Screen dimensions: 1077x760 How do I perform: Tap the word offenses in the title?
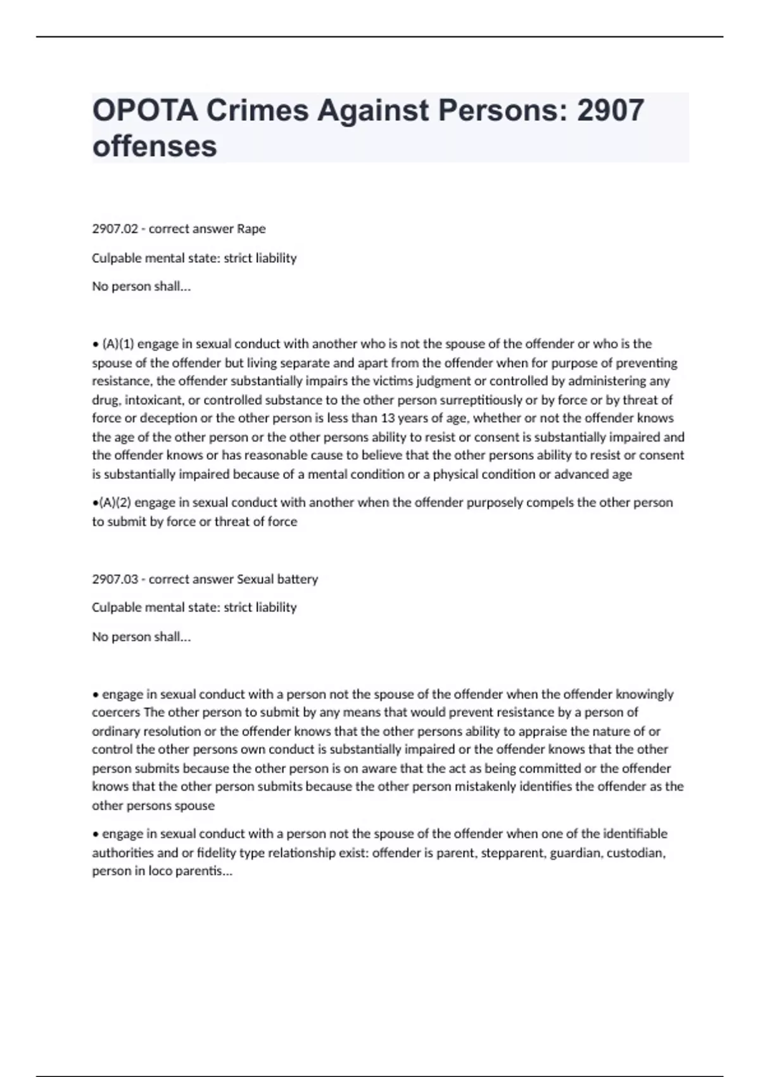155,146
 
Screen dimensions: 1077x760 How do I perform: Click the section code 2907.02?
115,229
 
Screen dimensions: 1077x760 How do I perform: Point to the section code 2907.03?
115,579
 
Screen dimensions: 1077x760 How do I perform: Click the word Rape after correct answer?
251,229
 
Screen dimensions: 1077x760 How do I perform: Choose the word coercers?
116,713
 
